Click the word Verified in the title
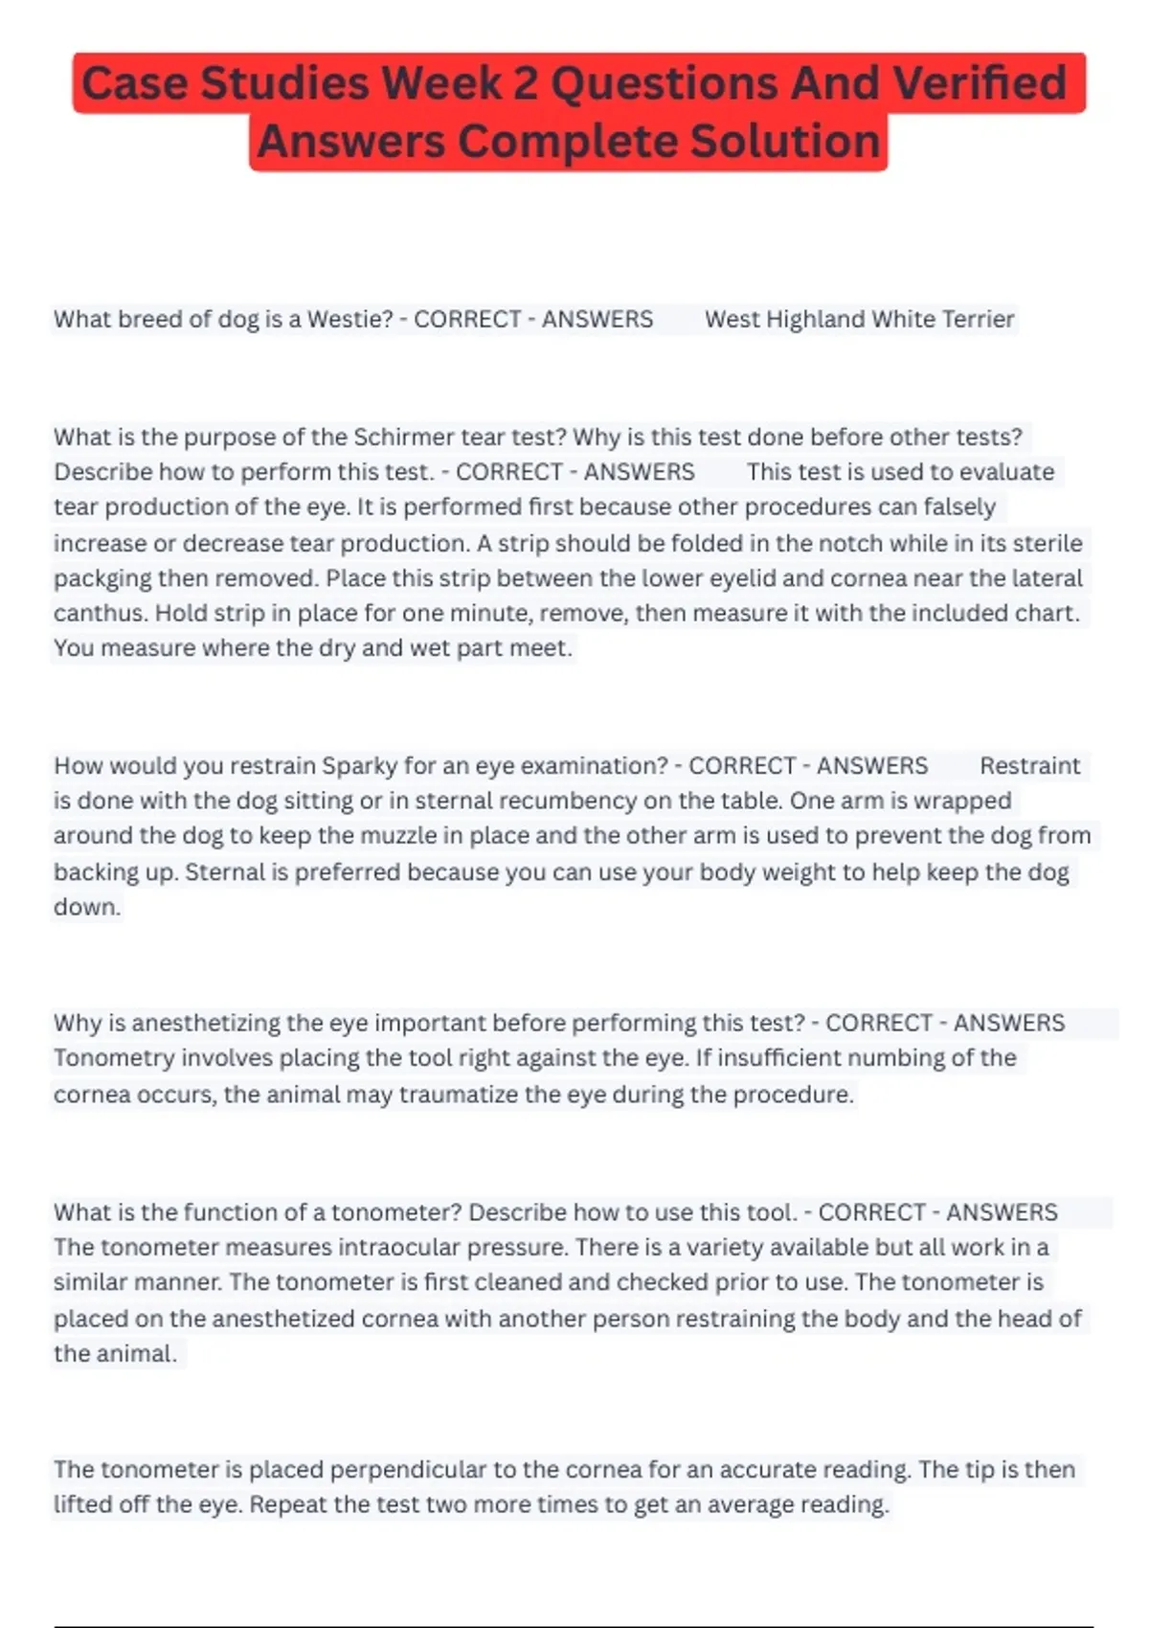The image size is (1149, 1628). tap(980, 83)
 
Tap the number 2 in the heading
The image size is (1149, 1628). tap(525, 83)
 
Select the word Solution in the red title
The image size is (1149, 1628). tap(784, 142)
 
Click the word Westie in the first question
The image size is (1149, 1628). tap(349, 319)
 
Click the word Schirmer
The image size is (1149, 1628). tap(404, 437)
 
